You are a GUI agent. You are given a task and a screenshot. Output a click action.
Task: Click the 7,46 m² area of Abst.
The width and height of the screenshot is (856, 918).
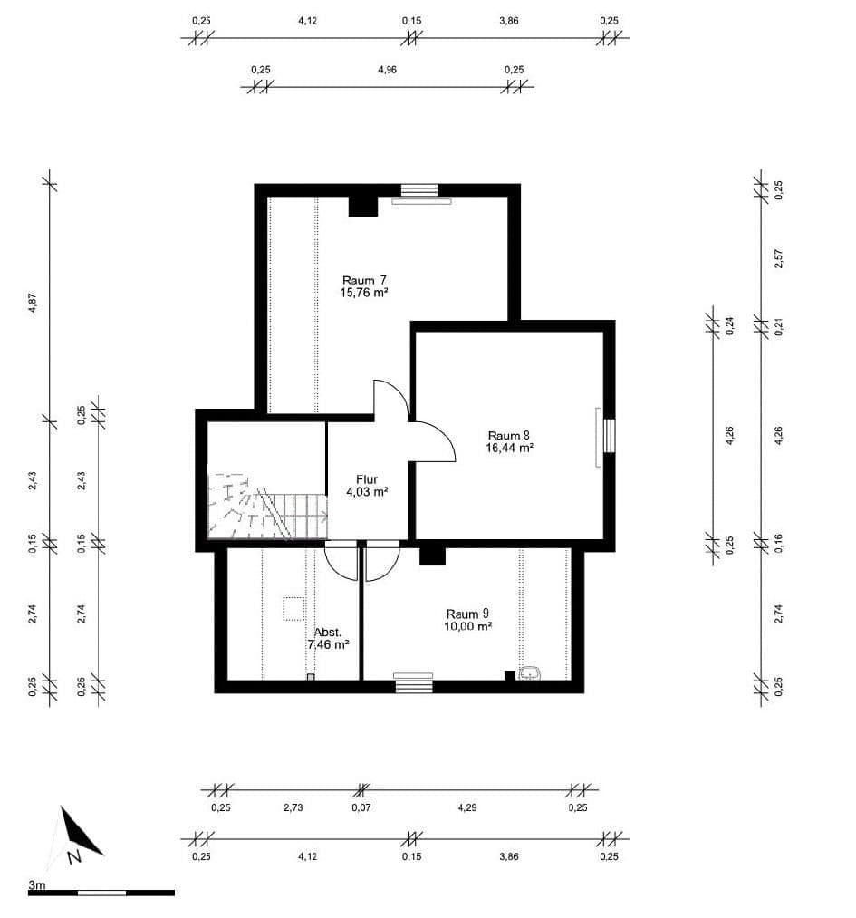[328, 645]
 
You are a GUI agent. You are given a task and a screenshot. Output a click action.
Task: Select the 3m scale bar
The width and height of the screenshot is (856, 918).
[101, 893]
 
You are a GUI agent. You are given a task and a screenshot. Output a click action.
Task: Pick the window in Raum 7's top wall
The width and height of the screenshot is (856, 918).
[419, 190]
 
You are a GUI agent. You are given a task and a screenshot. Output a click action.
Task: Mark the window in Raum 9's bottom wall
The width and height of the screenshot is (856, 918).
[413, 686]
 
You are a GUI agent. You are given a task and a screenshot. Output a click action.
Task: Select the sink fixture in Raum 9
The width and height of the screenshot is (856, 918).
[530, 673]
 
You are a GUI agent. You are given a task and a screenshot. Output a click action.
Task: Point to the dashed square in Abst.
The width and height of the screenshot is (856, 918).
[294, 608]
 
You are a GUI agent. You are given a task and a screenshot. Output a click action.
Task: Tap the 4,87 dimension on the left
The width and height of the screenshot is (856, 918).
[33, 304]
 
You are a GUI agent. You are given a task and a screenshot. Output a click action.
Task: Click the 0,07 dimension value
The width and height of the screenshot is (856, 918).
[361, 807]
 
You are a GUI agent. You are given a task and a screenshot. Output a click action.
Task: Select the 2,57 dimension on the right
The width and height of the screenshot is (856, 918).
[777, 260]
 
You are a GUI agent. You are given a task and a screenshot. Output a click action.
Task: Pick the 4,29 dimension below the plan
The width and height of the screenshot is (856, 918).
[466, 807]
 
